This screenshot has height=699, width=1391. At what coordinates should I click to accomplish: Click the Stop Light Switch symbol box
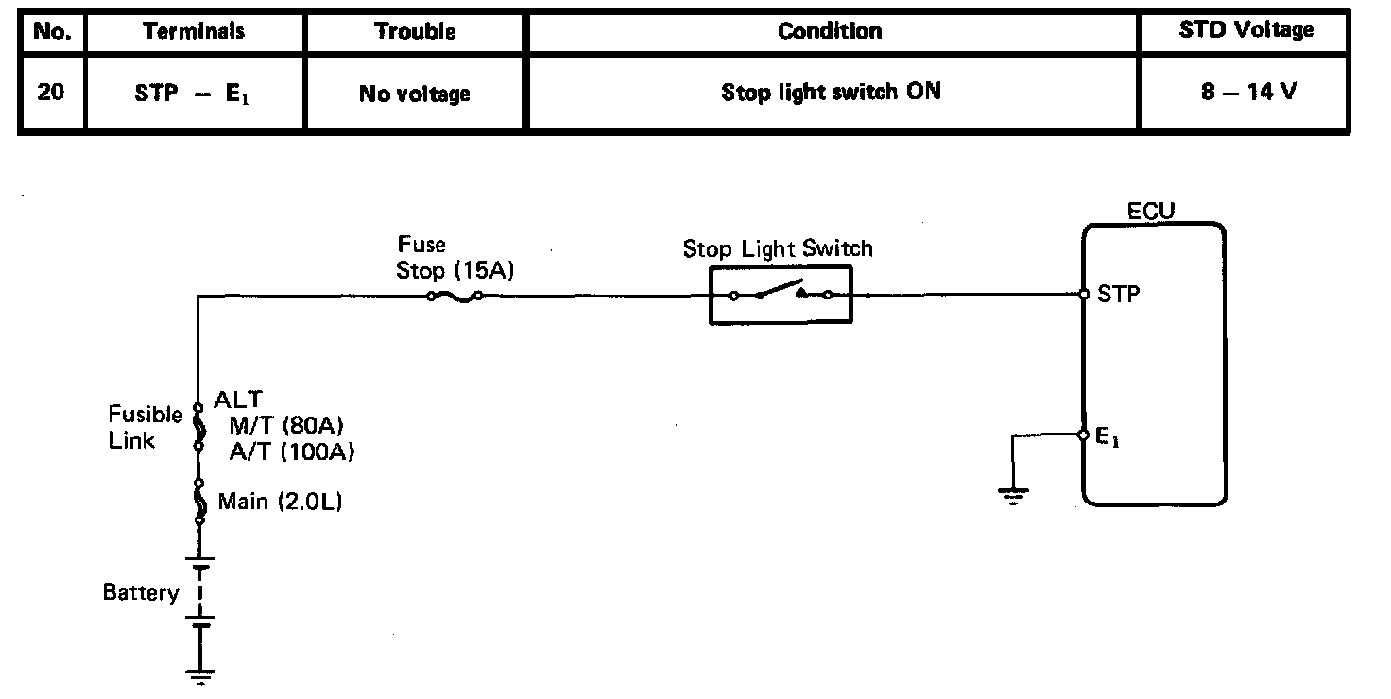[781, 295]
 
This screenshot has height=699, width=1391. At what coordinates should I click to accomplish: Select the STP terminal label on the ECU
[1119, 294]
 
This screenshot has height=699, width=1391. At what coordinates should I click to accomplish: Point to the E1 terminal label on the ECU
[1108, 437]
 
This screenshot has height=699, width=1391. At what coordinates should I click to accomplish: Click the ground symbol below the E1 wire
[1013, 494]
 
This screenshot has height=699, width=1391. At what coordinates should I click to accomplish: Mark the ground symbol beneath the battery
[199, 674]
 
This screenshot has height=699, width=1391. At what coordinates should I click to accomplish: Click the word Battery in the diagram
[141, 593]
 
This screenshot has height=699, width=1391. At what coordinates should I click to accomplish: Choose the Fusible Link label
[145, 427]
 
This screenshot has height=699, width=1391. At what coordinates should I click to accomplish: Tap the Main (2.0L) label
[280, 502]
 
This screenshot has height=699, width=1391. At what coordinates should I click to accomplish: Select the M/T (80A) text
[284, 427]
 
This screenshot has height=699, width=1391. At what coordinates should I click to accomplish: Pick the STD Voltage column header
[1245, 30]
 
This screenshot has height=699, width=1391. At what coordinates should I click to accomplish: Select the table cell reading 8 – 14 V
[1245, 94]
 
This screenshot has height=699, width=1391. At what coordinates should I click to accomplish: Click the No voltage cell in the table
[415, 94]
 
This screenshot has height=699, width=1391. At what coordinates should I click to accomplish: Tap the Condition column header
[831, 30]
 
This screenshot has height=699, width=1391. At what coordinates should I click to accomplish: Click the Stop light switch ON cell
[831, 93]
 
